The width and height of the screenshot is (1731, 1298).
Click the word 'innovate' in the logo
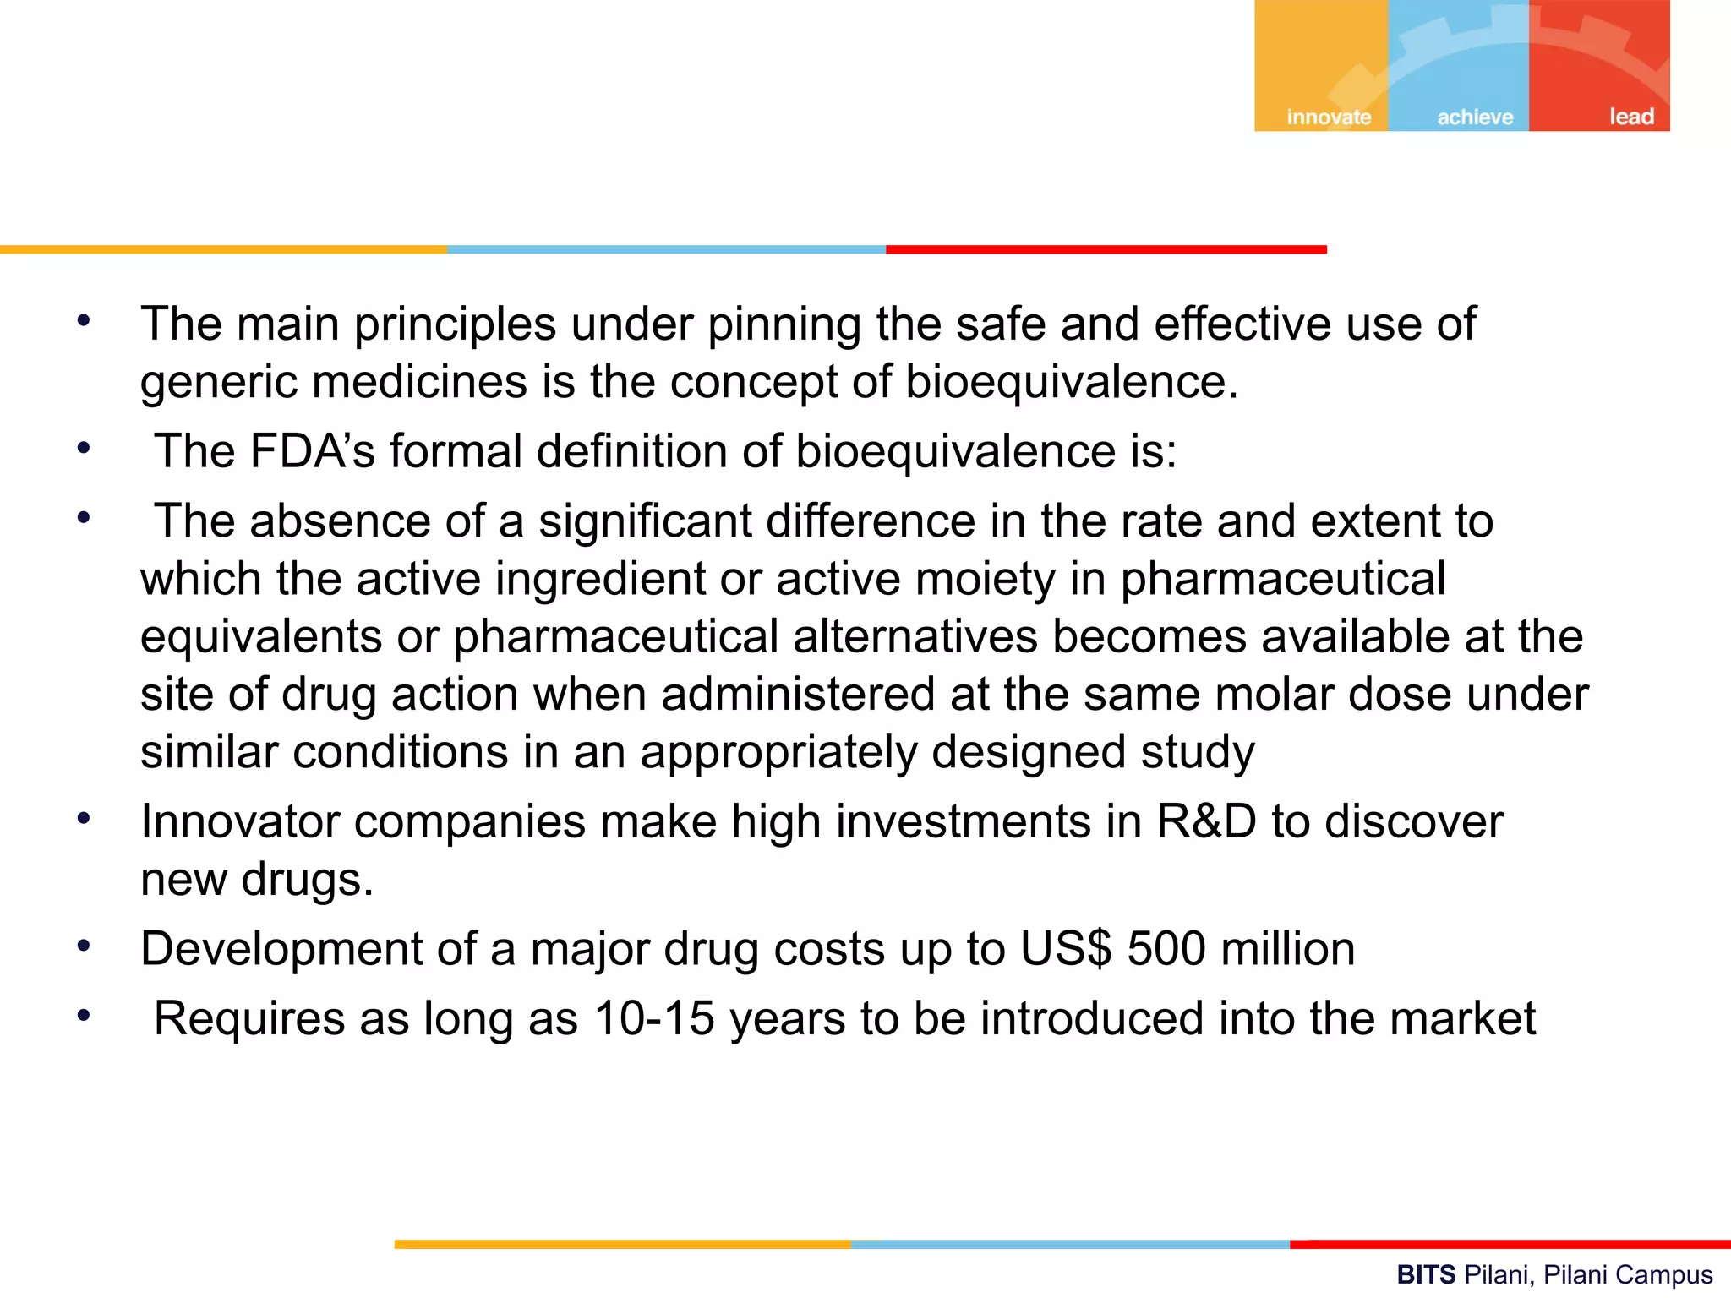coord(1329,117)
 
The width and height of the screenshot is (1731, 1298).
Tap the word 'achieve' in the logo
coord(1475,117)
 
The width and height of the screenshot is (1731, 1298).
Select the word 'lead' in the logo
coord(1630,116)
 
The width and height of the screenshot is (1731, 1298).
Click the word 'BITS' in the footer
coord(1426,1274)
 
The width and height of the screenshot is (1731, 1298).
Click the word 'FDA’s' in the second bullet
coord(312,450)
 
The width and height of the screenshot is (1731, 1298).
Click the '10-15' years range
coord(654,1017)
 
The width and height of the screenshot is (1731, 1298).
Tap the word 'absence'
coord(341,521)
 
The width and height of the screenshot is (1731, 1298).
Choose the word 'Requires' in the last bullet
coord(249,1017)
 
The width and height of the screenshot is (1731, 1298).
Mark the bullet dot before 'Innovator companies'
coord(83,818)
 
